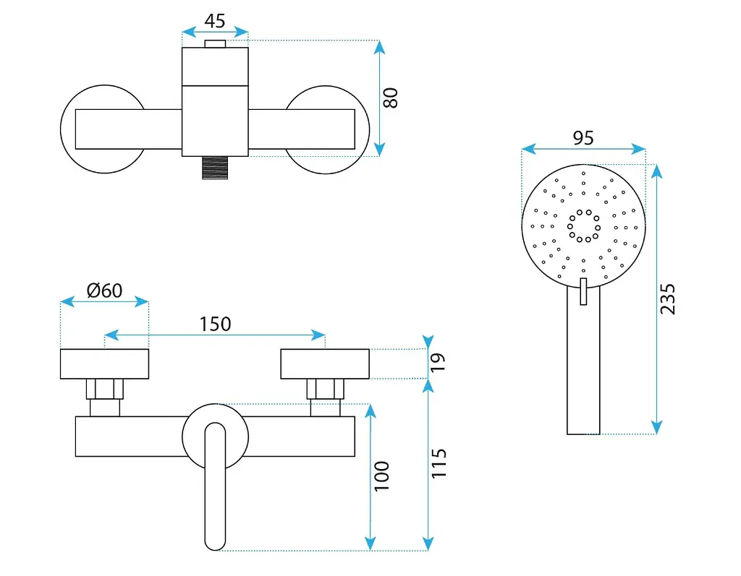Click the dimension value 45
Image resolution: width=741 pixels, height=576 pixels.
click(214, 21)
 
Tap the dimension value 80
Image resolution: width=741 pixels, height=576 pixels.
click(391, 98)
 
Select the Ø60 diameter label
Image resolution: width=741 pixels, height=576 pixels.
click(104, 291)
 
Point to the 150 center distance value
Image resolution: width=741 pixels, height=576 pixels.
click(215, 324)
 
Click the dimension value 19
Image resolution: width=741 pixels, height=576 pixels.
click(438, 362)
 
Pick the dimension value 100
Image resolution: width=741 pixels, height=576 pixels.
click(381, 476)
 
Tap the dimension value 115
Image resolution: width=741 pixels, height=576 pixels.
click(439, 463)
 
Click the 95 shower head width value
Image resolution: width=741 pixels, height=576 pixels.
click(583, 138)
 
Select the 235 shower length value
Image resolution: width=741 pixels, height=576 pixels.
click(667, 299)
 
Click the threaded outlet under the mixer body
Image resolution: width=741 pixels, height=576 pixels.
click(215, 168)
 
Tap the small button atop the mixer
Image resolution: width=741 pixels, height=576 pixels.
click(215, 44)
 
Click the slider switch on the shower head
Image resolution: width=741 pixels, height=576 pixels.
click(583, 291)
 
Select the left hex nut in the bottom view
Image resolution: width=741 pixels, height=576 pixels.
click(104, 389)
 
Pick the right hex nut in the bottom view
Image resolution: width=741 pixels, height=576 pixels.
click(325, 389)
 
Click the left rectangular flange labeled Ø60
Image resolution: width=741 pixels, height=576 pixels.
click(104, 364)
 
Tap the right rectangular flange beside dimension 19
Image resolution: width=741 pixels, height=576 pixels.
click(325, 364)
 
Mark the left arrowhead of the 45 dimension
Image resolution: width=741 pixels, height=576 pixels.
click(188, 32)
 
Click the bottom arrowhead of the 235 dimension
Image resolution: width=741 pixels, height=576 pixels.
click(656, 428)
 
